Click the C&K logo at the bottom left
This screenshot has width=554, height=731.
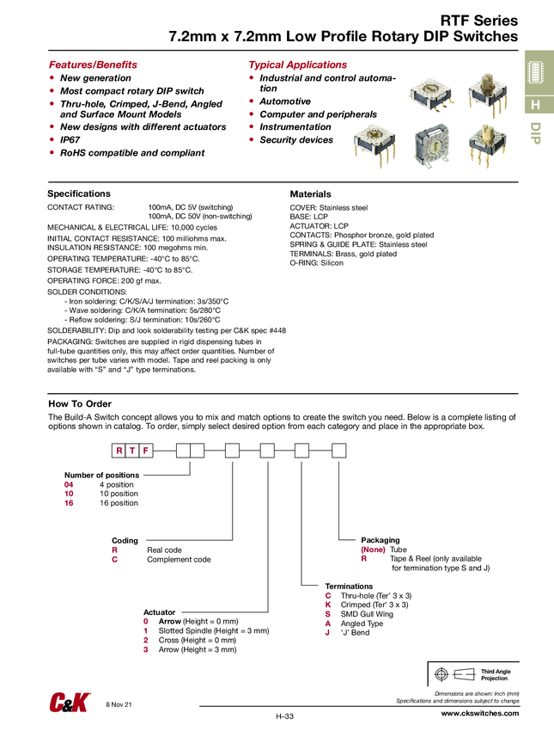(x=68, y=703)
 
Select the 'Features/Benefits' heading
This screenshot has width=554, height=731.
(x=92, y=64)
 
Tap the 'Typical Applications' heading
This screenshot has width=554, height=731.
(x=297, y=64)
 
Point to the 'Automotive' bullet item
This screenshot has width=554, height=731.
(x=285, y=101)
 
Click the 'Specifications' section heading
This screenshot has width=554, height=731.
(x=78, y=193)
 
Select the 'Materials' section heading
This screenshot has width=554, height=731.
(x=310, y=194)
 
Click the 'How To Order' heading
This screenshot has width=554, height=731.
(x=80, y=403)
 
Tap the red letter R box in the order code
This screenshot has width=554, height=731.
(x=119, y=450)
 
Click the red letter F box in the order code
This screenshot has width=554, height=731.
(x=147, y=450)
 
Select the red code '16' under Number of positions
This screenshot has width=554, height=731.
(x=69, y=503)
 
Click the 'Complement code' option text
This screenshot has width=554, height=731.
(x=179, y=559)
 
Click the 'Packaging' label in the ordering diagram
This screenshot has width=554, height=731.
(x=380, y=540)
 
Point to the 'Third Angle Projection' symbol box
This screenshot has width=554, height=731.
(x=472, y=673)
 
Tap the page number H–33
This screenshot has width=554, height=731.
(x=285, y=716)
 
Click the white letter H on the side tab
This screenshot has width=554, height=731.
(x=535, y=105)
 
